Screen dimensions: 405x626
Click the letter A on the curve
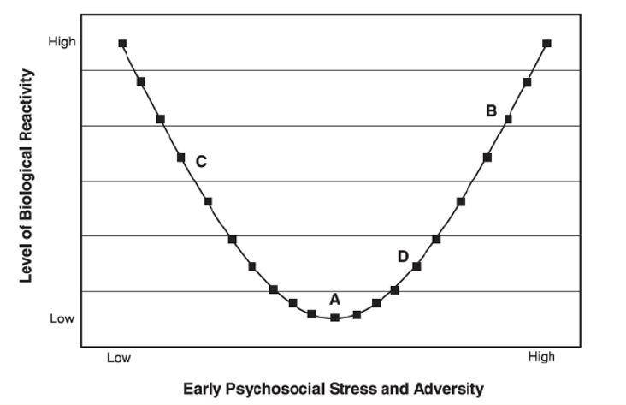pos(335,299)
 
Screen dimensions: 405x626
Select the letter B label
pos(491,110)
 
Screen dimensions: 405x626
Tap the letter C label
pos(201,161)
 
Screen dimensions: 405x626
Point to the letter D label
pos(402,256)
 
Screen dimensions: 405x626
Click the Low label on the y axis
pos(62,319)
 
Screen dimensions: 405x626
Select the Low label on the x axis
pos(119,358)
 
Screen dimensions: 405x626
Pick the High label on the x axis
pos(541,357)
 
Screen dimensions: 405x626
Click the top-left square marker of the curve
pos(122,43)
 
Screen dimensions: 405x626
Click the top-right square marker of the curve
pos(546,43)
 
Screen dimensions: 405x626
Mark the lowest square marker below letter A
pos(335,318)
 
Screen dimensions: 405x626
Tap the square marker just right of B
pos(508,119)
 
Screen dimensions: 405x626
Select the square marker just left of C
pos(181,157)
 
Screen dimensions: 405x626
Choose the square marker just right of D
pos(416,266)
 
